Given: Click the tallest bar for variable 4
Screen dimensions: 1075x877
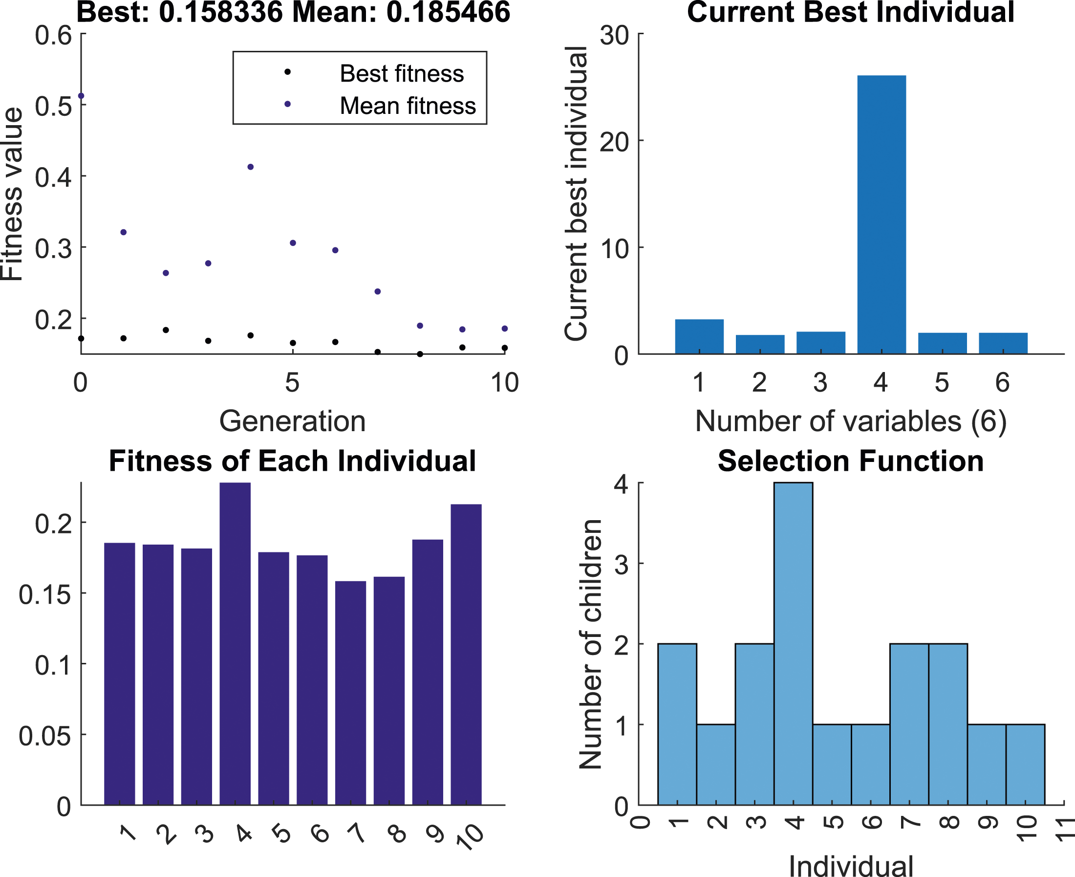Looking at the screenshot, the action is click(881, 215).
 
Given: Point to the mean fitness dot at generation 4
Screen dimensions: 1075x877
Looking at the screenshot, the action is click(251, 167).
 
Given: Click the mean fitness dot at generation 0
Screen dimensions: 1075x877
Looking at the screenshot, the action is click(81, 96).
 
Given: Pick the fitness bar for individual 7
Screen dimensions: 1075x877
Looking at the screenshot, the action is click(350, 693).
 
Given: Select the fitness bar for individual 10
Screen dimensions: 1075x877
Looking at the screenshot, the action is click(466, 654).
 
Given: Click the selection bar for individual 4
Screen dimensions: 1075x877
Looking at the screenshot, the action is click(793, 644).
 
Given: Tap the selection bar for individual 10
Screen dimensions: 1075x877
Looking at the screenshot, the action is click(1026, 765).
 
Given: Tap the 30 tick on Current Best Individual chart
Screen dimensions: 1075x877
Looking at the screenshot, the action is click(614, 35).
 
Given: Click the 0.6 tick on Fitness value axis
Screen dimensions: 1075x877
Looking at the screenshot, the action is click(54, 36).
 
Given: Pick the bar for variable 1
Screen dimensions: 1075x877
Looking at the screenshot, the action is click(699, 336).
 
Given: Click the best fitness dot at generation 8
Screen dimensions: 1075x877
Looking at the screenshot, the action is click(420, 354).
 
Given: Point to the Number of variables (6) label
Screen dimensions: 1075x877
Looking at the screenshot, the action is click(851, 421).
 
